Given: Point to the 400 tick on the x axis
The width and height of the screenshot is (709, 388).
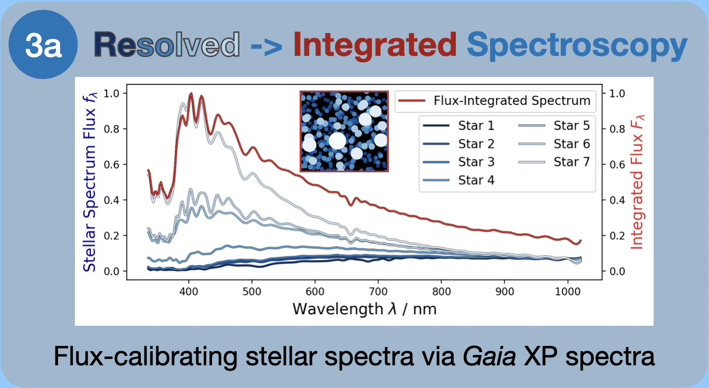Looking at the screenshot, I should pos(189,291).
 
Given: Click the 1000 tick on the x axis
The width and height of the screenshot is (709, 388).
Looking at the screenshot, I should pos(568,291).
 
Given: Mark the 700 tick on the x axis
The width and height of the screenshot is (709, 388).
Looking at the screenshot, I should pos(378,291).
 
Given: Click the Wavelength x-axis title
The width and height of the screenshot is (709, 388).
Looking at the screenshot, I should pos(365,308).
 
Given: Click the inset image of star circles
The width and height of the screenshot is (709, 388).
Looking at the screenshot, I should pos(344,131).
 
